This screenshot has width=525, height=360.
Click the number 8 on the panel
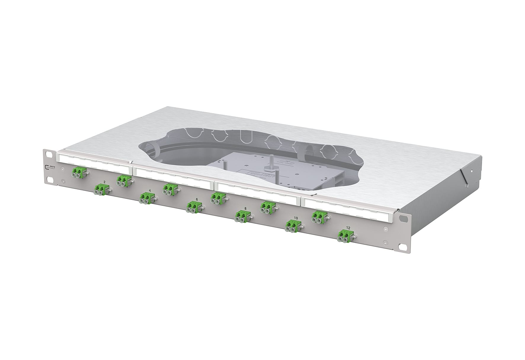click(x=245, y=208)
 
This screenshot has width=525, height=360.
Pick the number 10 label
click(x=296, y=218)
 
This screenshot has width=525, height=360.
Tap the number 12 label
click(x=348, y=228)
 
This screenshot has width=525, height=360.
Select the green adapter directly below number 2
click(x=101, y=189)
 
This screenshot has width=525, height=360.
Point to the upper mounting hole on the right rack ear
click(x=403, y=218)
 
